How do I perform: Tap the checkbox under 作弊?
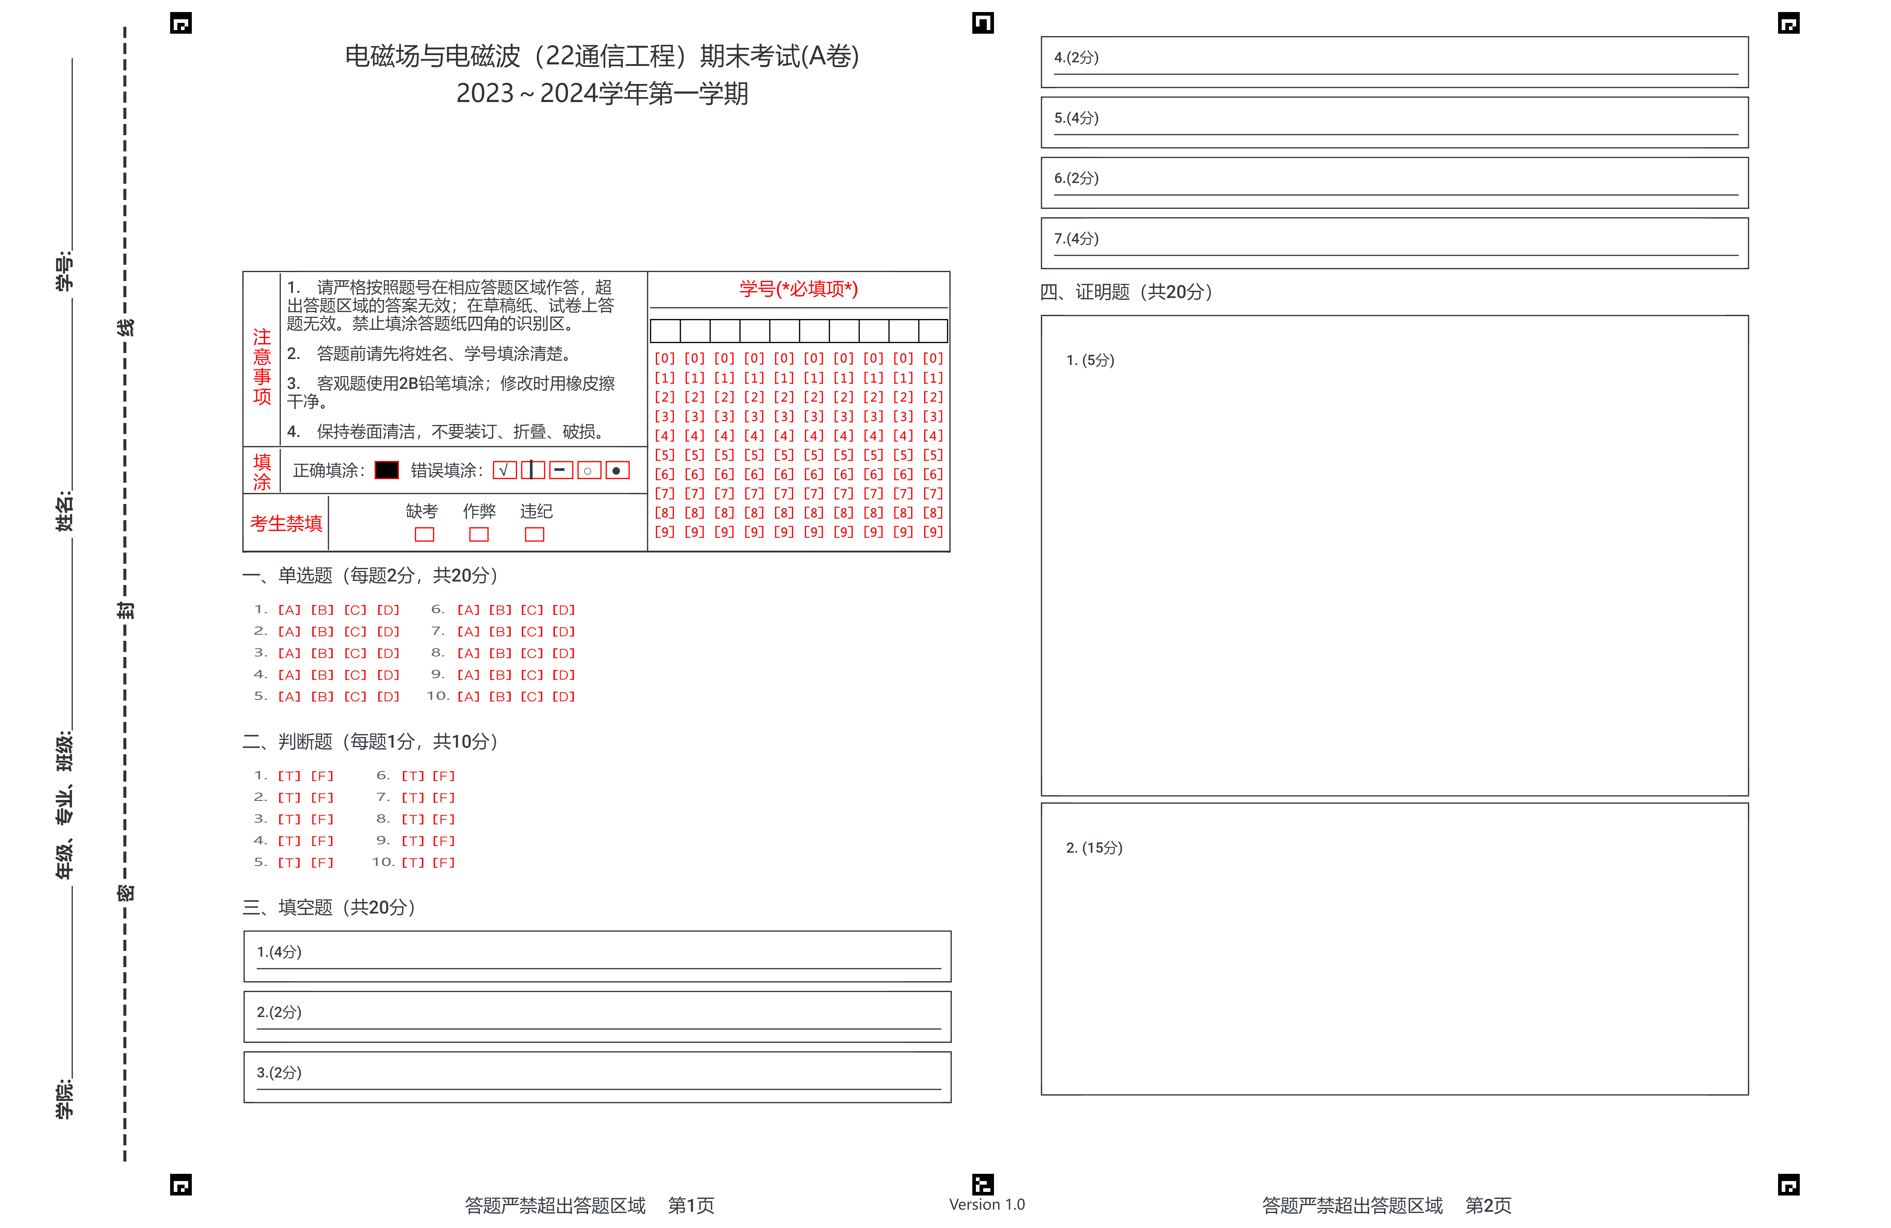click(x=479, y=535)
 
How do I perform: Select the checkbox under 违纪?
click(x=535, y=535)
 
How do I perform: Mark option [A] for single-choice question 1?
click(x=289, y=610)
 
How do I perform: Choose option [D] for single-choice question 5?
click(x=388, y=696)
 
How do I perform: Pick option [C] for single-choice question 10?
click(x=531, y=696)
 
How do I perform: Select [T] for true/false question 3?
click(x=289, y=819)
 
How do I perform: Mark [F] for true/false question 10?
click(x=443, y=863)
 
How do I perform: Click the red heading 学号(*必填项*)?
click(x=799, y=289)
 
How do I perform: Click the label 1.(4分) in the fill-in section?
click(x=279, y=952)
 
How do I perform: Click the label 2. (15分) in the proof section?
click(x=1094, y=848)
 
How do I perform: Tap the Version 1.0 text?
click(x=987, y=1204)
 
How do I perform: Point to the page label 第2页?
click(x=1488, y=1205)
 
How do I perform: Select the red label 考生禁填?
click(x=286, y=523)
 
